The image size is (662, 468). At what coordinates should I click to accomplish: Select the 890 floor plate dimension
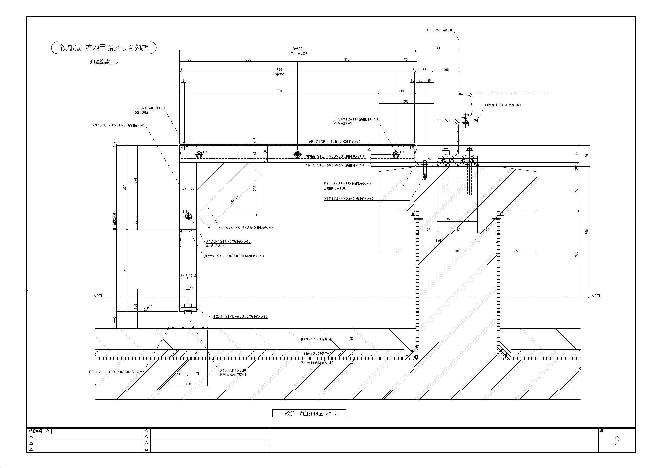click(x=279, y=70)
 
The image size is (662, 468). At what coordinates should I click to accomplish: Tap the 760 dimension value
click(x=279, y=91)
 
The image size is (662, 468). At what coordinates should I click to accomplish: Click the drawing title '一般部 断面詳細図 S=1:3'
click(x=309, y=413)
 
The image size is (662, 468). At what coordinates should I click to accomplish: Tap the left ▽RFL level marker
click(x=98, y=296)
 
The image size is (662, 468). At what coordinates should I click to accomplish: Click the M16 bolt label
click(x=192, y=288)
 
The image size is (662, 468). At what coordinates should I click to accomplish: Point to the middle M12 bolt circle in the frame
click(x=297, y=155)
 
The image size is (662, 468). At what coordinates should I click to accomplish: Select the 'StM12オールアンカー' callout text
click(x=349, y=199)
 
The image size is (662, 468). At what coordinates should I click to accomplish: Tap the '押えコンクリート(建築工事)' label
click(x=317, y=339)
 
